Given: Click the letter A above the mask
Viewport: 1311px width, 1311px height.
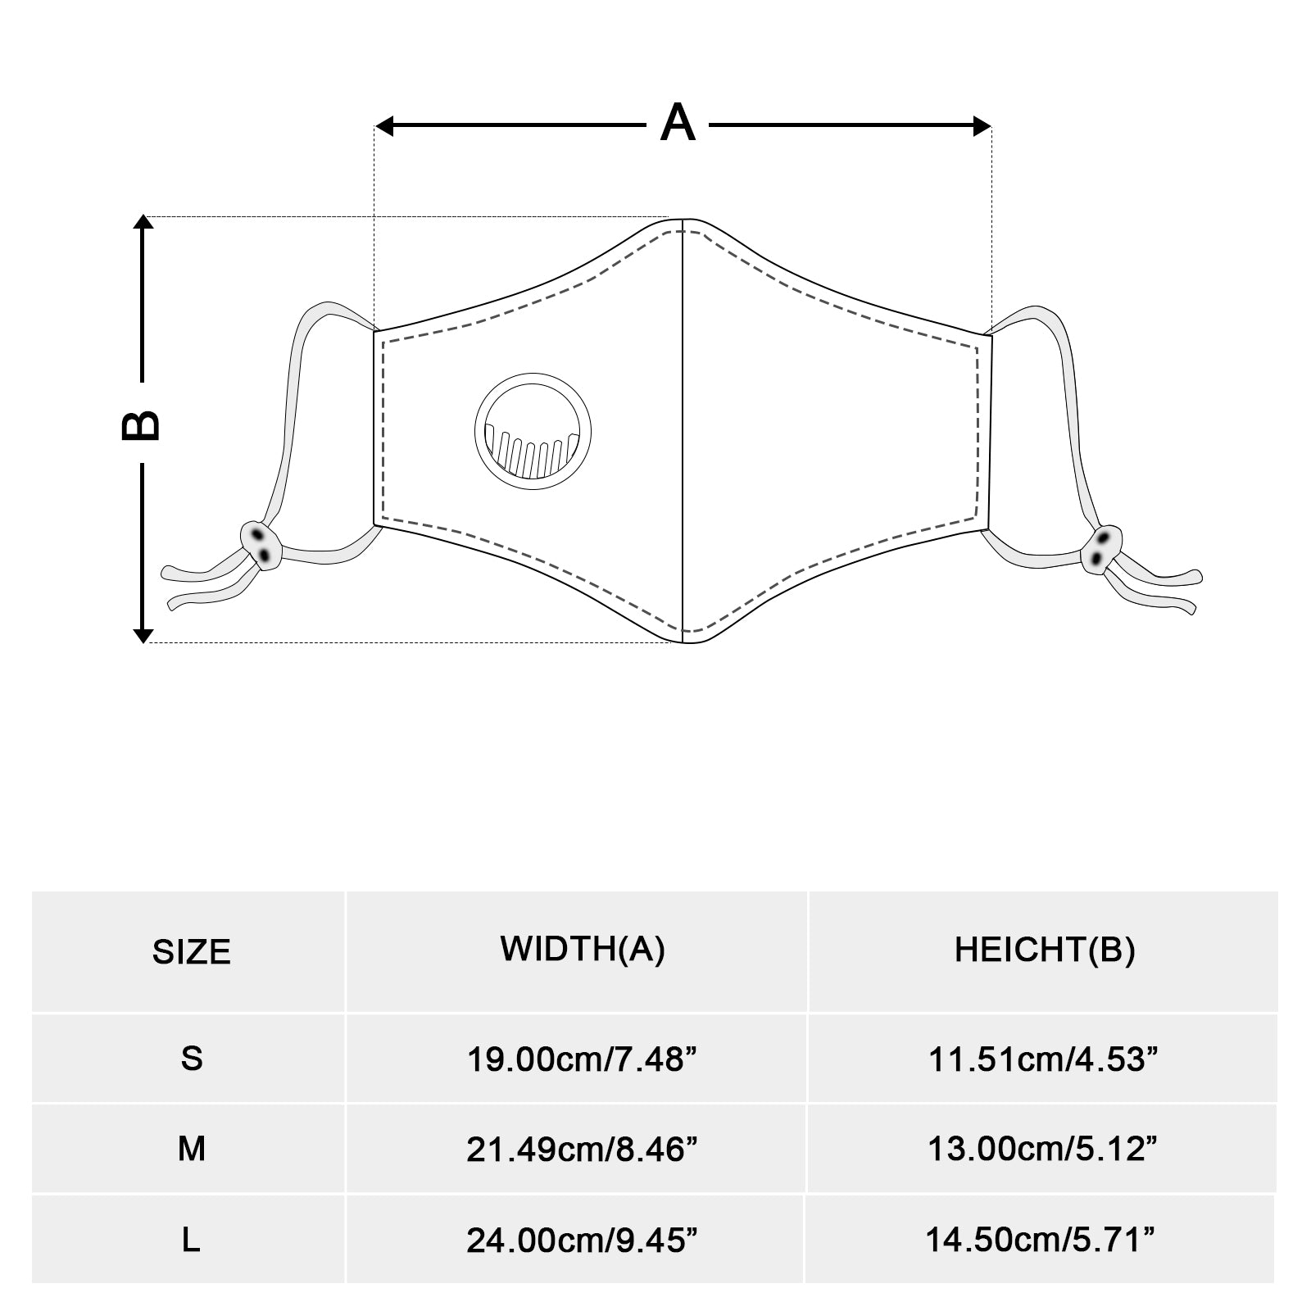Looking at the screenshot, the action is click(x=678, y=124).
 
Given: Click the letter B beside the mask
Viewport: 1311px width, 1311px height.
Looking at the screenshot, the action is click(x=141, y=424).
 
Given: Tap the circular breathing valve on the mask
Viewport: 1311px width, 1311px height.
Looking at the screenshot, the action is click(x=533, y=431).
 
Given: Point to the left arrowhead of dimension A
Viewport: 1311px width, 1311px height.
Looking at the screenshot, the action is click(x=385, y=126).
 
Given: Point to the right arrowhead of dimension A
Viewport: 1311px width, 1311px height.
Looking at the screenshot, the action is click(x=982, y=126).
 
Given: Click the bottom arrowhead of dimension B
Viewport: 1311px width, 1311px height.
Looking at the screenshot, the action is click(x=143, y=634).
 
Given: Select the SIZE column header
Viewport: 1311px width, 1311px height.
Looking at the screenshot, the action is click(x=191, y=952).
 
